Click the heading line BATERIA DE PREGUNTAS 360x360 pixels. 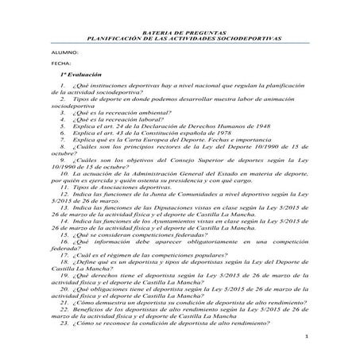click(180, 30)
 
